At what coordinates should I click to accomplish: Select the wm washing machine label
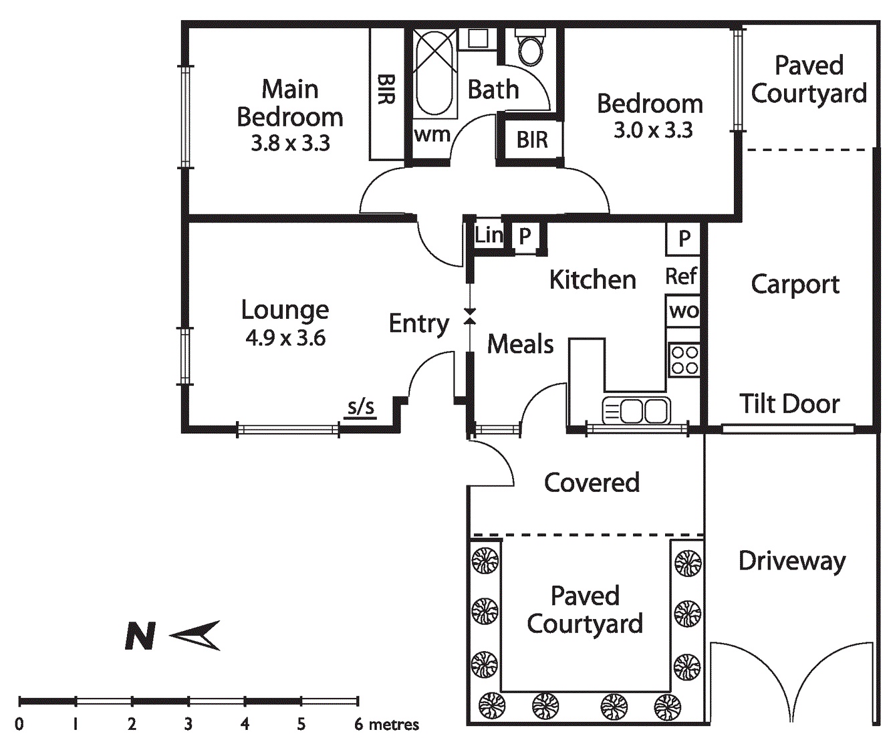[432, 134]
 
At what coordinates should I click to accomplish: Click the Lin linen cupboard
[489, 235]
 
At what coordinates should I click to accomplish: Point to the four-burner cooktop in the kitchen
[684, 360]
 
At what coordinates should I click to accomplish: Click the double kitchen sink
[636, 410]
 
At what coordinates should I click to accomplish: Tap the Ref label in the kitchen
[681, 275]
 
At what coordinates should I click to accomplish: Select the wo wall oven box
[683, 311]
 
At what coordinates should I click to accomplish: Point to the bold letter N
[140, 636]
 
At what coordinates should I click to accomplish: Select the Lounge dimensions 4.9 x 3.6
[285, 338]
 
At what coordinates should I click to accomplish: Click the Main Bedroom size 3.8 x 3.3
[290, 144]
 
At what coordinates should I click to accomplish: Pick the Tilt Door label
[789, 404]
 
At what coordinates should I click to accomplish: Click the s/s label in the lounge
[360, 407]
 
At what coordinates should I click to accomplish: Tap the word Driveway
[791, 561]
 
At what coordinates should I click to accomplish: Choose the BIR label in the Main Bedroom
[386, 90]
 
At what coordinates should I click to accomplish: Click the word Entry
[418, 324]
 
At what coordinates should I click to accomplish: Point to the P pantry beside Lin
[525, 236]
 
